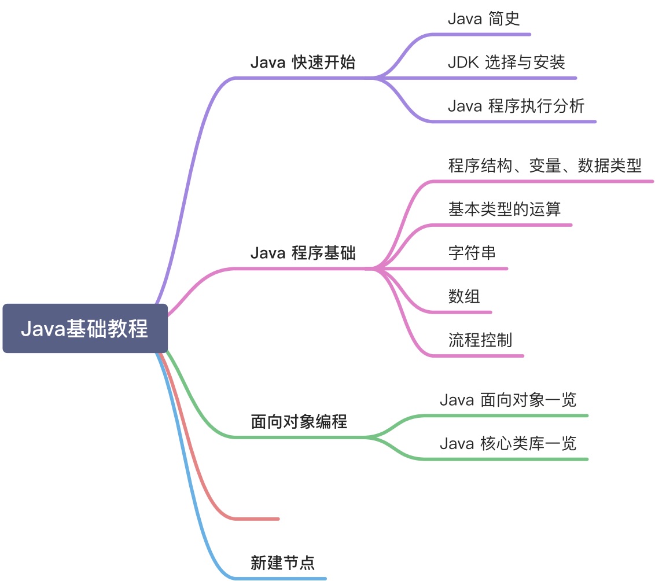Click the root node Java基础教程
click(84, 329)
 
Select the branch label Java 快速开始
click(303, 62)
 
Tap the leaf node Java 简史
click(484, 19)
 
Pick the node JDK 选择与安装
click(506, 62)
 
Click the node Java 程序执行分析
click(516, 106)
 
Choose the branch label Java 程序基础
click(303, 253)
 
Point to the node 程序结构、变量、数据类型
click(544, 166)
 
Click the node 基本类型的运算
click(504, 209)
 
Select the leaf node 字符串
click(472, 253)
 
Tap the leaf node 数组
click(464, 296)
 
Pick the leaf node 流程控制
click(480, 340)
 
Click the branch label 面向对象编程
click(299, 422)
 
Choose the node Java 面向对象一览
click(508, 400)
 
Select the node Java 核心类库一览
click(508, 444)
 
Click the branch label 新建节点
click(282, 562)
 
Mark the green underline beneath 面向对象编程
click(301, 437)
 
